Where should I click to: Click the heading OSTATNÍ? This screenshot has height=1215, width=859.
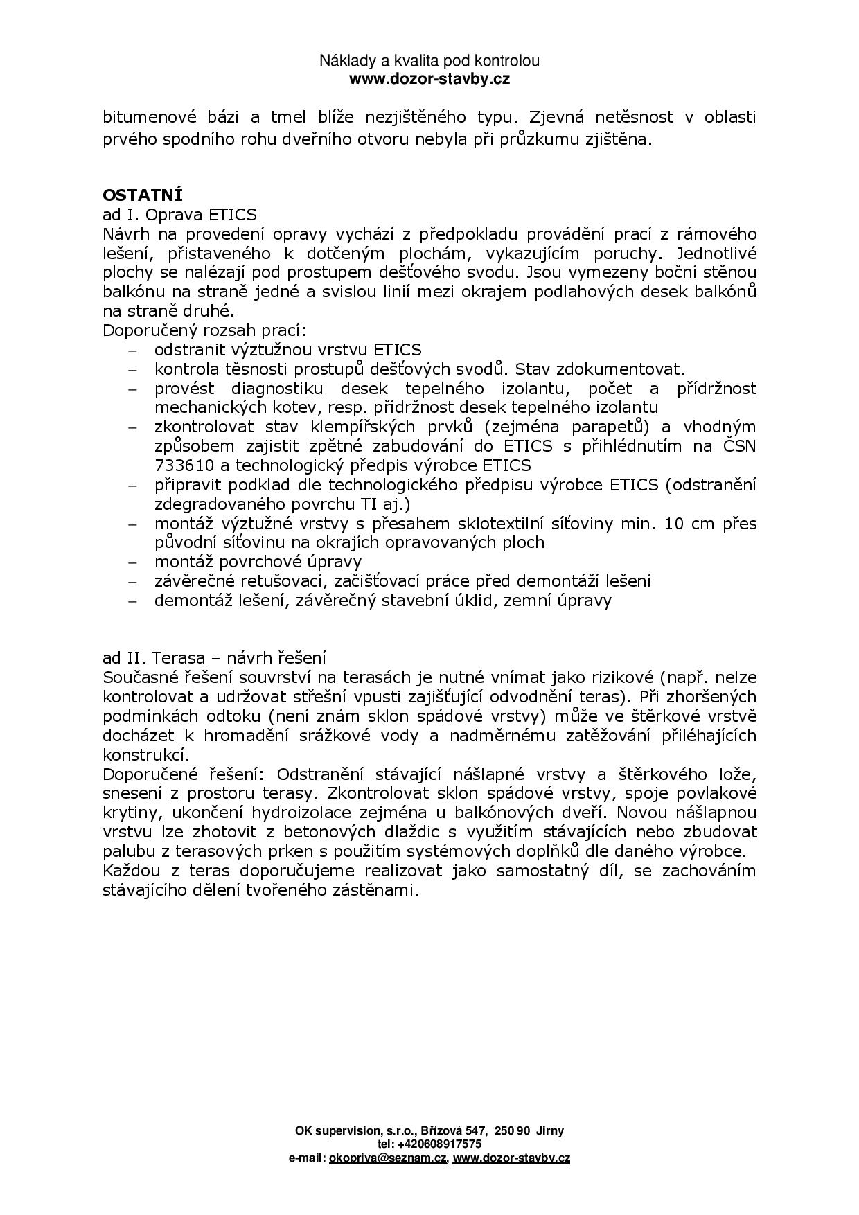click(142, 195)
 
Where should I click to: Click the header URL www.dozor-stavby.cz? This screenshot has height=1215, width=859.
click(429, 79)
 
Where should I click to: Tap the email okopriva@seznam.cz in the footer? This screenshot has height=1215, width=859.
click(388, 1158)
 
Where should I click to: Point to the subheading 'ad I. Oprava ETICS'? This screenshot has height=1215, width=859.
click(179, 214)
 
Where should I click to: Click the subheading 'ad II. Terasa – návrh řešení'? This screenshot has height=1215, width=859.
click(214, 657)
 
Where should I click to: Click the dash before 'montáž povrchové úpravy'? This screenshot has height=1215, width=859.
click(133, 562)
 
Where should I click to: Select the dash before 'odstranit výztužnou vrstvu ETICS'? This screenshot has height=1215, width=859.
click(133, 351)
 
